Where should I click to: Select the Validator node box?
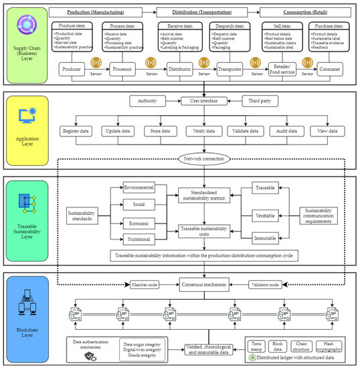[x=272, y=284]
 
